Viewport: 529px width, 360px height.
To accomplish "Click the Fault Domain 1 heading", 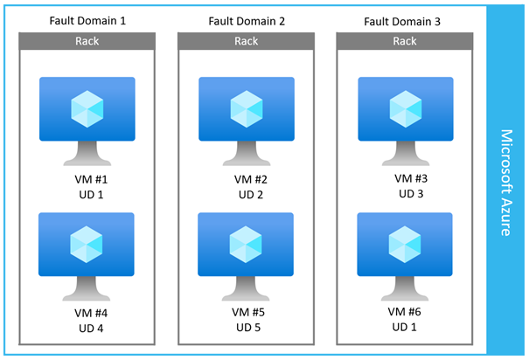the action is coord(87,21).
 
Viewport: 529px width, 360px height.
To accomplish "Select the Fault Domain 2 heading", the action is coord(247,21).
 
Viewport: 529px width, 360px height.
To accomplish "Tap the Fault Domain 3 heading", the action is coord(402,22).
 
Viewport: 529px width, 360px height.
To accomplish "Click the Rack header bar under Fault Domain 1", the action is coord(87,41).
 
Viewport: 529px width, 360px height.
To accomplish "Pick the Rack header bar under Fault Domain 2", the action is coord(247,41).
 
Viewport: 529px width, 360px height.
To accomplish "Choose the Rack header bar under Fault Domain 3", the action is coord(405,41).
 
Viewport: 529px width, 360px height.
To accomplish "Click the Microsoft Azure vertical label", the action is coord(506,183).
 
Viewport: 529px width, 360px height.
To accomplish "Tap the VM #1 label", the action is coord(91,179).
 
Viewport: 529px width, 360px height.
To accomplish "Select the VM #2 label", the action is coord(251,179).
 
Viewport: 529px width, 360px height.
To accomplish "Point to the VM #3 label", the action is coord(411,178).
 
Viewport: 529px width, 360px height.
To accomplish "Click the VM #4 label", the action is coord(91,313).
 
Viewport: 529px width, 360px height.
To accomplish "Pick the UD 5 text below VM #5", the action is coord(248,328).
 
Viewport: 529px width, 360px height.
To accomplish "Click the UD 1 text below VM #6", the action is coord(404,327).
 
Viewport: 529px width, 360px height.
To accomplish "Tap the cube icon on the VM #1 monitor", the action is coord(87,109).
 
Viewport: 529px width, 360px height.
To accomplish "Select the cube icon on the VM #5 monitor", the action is coord(246,245).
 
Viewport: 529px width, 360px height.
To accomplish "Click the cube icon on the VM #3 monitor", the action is coord(406,109).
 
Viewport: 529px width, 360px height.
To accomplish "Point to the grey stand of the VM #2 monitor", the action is coord(247,154).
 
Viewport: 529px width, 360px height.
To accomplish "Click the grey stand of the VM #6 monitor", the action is coord(405,288).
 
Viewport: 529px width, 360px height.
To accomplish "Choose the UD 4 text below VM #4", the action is coord(91,329).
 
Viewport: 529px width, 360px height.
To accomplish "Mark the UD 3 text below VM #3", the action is coord(411,194).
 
